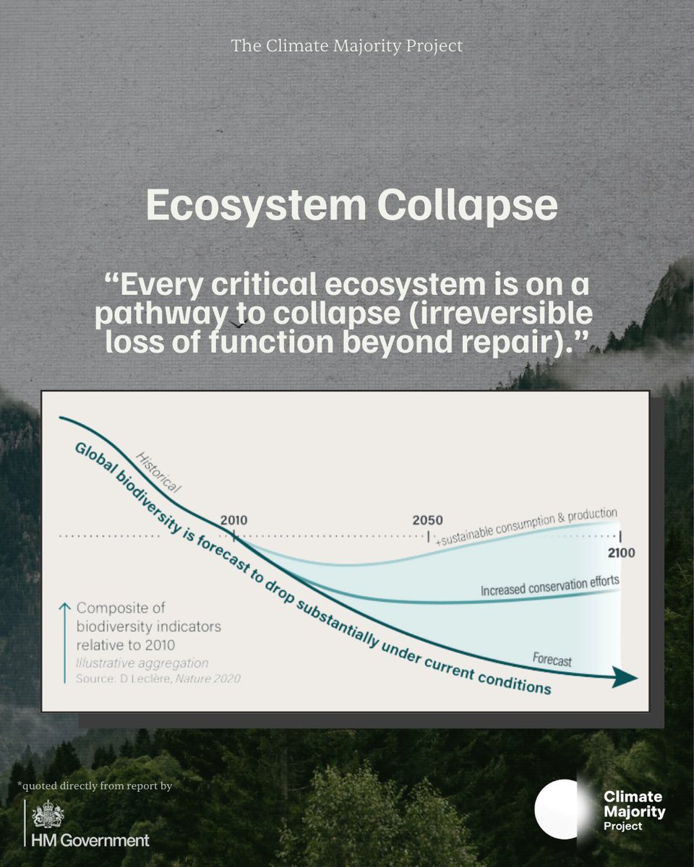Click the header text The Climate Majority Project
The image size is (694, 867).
tap(347, 46)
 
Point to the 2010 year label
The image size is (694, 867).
tap(234, 520)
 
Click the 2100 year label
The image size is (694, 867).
tap(620, 553)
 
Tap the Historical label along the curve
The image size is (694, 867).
tap(158, 473)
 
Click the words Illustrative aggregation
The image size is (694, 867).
tap(142, 663)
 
